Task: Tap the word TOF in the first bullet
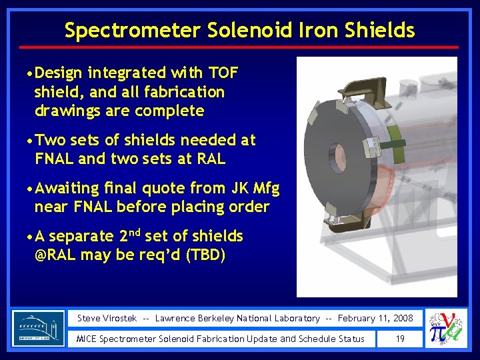point(222,72)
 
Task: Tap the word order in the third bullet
point(247,207)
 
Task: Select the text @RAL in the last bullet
point(58,255)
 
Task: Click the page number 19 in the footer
point(400,339)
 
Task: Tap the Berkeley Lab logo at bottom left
point(39,328)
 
